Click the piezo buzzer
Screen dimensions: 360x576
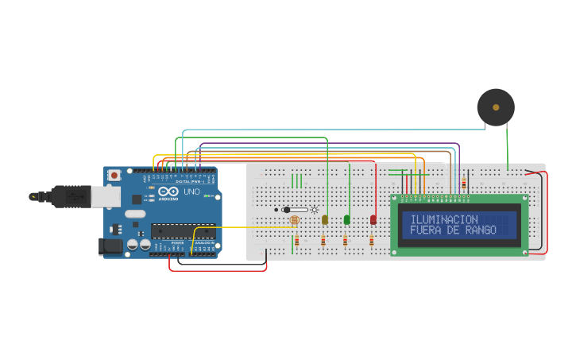pos(496,106)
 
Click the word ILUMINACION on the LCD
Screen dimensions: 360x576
pos(444,219)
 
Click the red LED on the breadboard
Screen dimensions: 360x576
pos(373,219)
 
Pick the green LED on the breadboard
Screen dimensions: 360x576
pos(346,219)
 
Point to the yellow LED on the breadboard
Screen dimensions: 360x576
pos(325,219)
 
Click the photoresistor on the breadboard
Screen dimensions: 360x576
pos(294,219)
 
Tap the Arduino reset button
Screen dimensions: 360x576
pos(114,175)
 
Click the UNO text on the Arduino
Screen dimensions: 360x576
pos(191,192)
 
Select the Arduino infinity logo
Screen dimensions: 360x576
pos(168,192)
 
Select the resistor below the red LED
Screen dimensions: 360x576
pos(371,240)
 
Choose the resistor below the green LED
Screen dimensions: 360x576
pos(345,240)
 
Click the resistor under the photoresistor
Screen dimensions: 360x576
pos(296,240)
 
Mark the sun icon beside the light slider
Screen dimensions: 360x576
pos(315,210)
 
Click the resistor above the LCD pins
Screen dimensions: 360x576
pos(463,184)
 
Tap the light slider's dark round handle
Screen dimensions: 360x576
pos(286,210)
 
